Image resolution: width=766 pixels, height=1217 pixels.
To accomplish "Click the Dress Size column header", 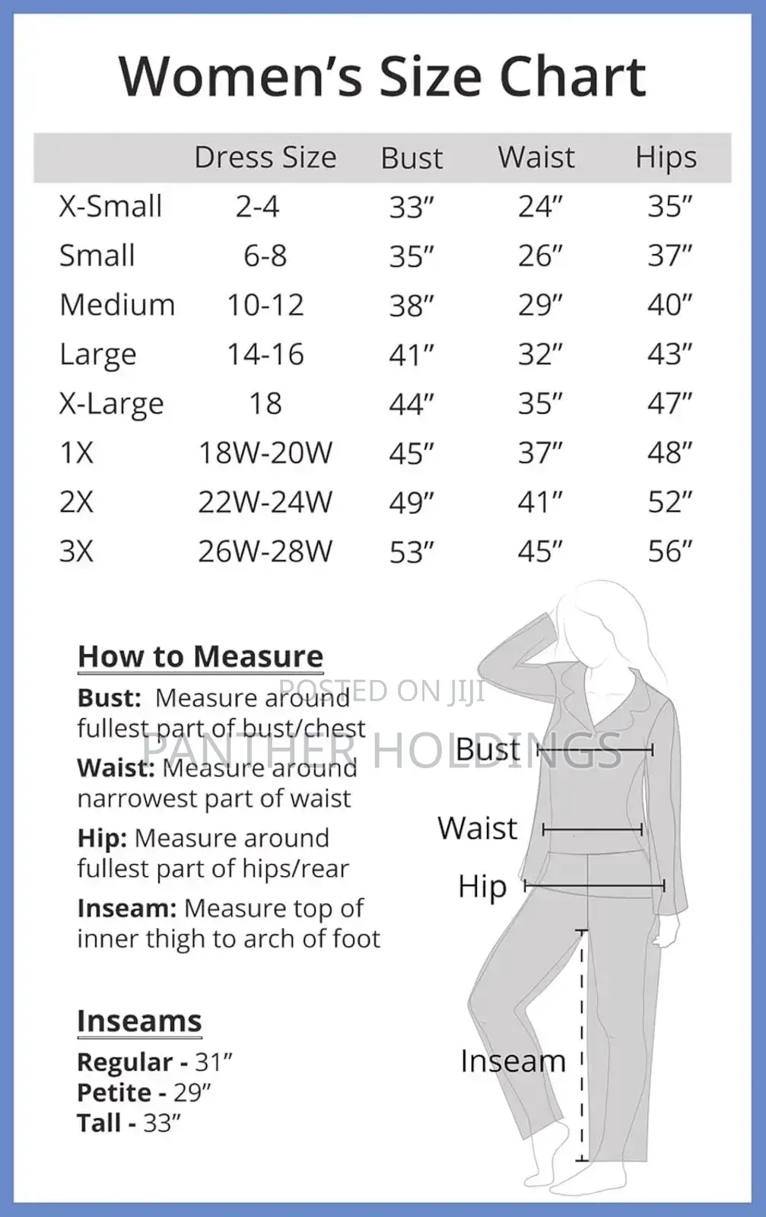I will (x=265, y=157).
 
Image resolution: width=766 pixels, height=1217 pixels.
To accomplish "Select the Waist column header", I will (x=536, y=157).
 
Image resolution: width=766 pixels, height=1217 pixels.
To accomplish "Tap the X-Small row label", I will (x=110, y=206).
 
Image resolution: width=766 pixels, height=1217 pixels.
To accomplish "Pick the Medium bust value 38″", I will (x=411, y=306).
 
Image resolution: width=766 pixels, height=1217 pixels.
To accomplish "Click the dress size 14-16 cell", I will (x=265, y=354).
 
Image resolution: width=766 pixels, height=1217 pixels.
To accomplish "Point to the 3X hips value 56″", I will (x=669, y=551).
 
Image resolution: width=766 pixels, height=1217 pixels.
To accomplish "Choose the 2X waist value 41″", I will (x=540, y=502).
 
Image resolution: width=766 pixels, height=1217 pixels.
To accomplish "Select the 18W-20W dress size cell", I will (x=265, y=453).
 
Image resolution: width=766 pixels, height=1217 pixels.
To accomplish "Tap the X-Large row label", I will (x=111, y=404).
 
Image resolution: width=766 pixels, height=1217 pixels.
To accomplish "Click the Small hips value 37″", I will (x=669, y=256).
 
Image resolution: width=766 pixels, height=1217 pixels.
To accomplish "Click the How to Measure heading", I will (x=200, y=656).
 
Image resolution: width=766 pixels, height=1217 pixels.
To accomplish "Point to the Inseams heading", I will (x=139, y=1021).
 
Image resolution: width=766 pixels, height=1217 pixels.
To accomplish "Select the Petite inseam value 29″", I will (x=192, y=1092).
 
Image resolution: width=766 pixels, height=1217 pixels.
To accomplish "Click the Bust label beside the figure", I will (x=487, y=750).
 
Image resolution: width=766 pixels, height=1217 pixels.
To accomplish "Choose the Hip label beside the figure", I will (x=482, y=887).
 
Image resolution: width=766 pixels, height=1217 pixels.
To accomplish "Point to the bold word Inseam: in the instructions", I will (x=127, y=908).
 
